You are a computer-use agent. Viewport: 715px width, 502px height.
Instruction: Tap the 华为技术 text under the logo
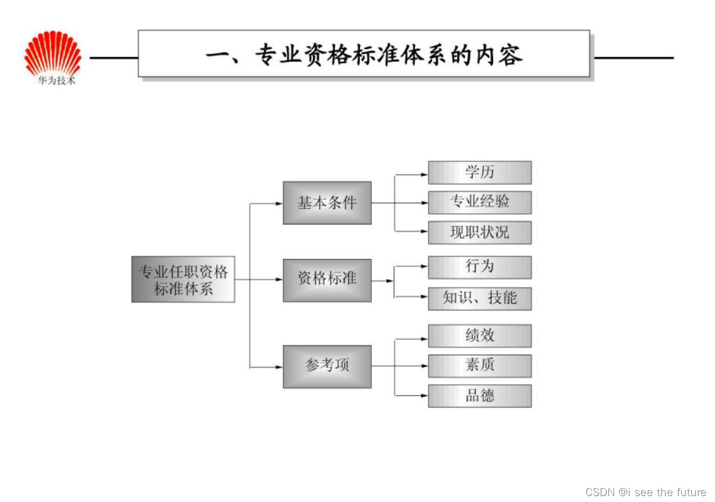click(x=57, y=81)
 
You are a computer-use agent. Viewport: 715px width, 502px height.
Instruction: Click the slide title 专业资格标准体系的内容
click(x=364, y=56)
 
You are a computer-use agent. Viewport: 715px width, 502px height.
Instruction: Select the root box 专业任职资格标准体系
click(x=183, y=280)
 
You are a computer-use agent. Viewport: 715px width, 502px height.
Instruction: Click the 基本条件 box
click(x=327, y=203)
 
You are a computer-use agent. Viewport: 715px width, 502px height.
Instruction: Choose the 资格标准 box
click(x=327, y=280)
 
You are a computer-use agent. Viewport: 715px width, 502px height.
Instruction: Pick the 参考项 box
click(x=327, y=366)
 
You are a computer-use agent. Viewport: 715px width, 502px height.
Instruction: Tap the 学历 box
click(x=480, y=173)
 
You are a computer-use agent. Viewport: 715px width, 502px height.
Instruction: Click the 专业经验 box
click(x=480, y=202)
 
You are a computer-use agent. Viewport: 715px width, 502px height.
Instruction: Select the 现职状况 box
click(x=480, y=232)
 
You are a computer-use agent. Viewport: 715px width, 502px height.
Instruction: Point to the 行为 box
click(x=480, y=267)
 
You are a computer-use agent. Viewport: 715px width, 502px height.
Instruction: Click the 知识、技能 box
click(x=480, y=298)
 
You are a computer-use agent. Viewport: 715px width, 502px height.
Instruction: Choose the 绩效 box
click(x=480, y=336)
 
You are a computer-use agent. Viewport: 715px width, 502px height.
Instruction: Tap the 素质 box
click(x=480, y=365)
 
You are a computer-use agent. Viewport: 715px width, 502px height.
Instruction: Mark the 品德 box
click(x=480, y=395)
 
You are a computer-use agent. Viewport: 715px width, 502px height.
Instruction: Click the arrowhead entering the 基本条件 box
click(x=279, y=204)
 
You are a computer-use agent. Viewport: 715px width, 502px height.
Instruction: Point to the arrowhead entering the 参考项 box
click(x=279, y=367)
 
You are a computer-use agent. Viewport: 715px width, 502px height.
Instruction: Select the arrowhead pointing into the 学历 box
click(x=424, y=174)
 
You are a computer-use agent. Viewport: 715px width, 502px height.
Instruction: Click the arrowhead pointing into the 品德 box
click(x=424, y=395)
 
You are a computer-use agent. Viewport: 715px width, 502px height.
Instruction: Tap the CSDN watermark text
click(x=645, y=492)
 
